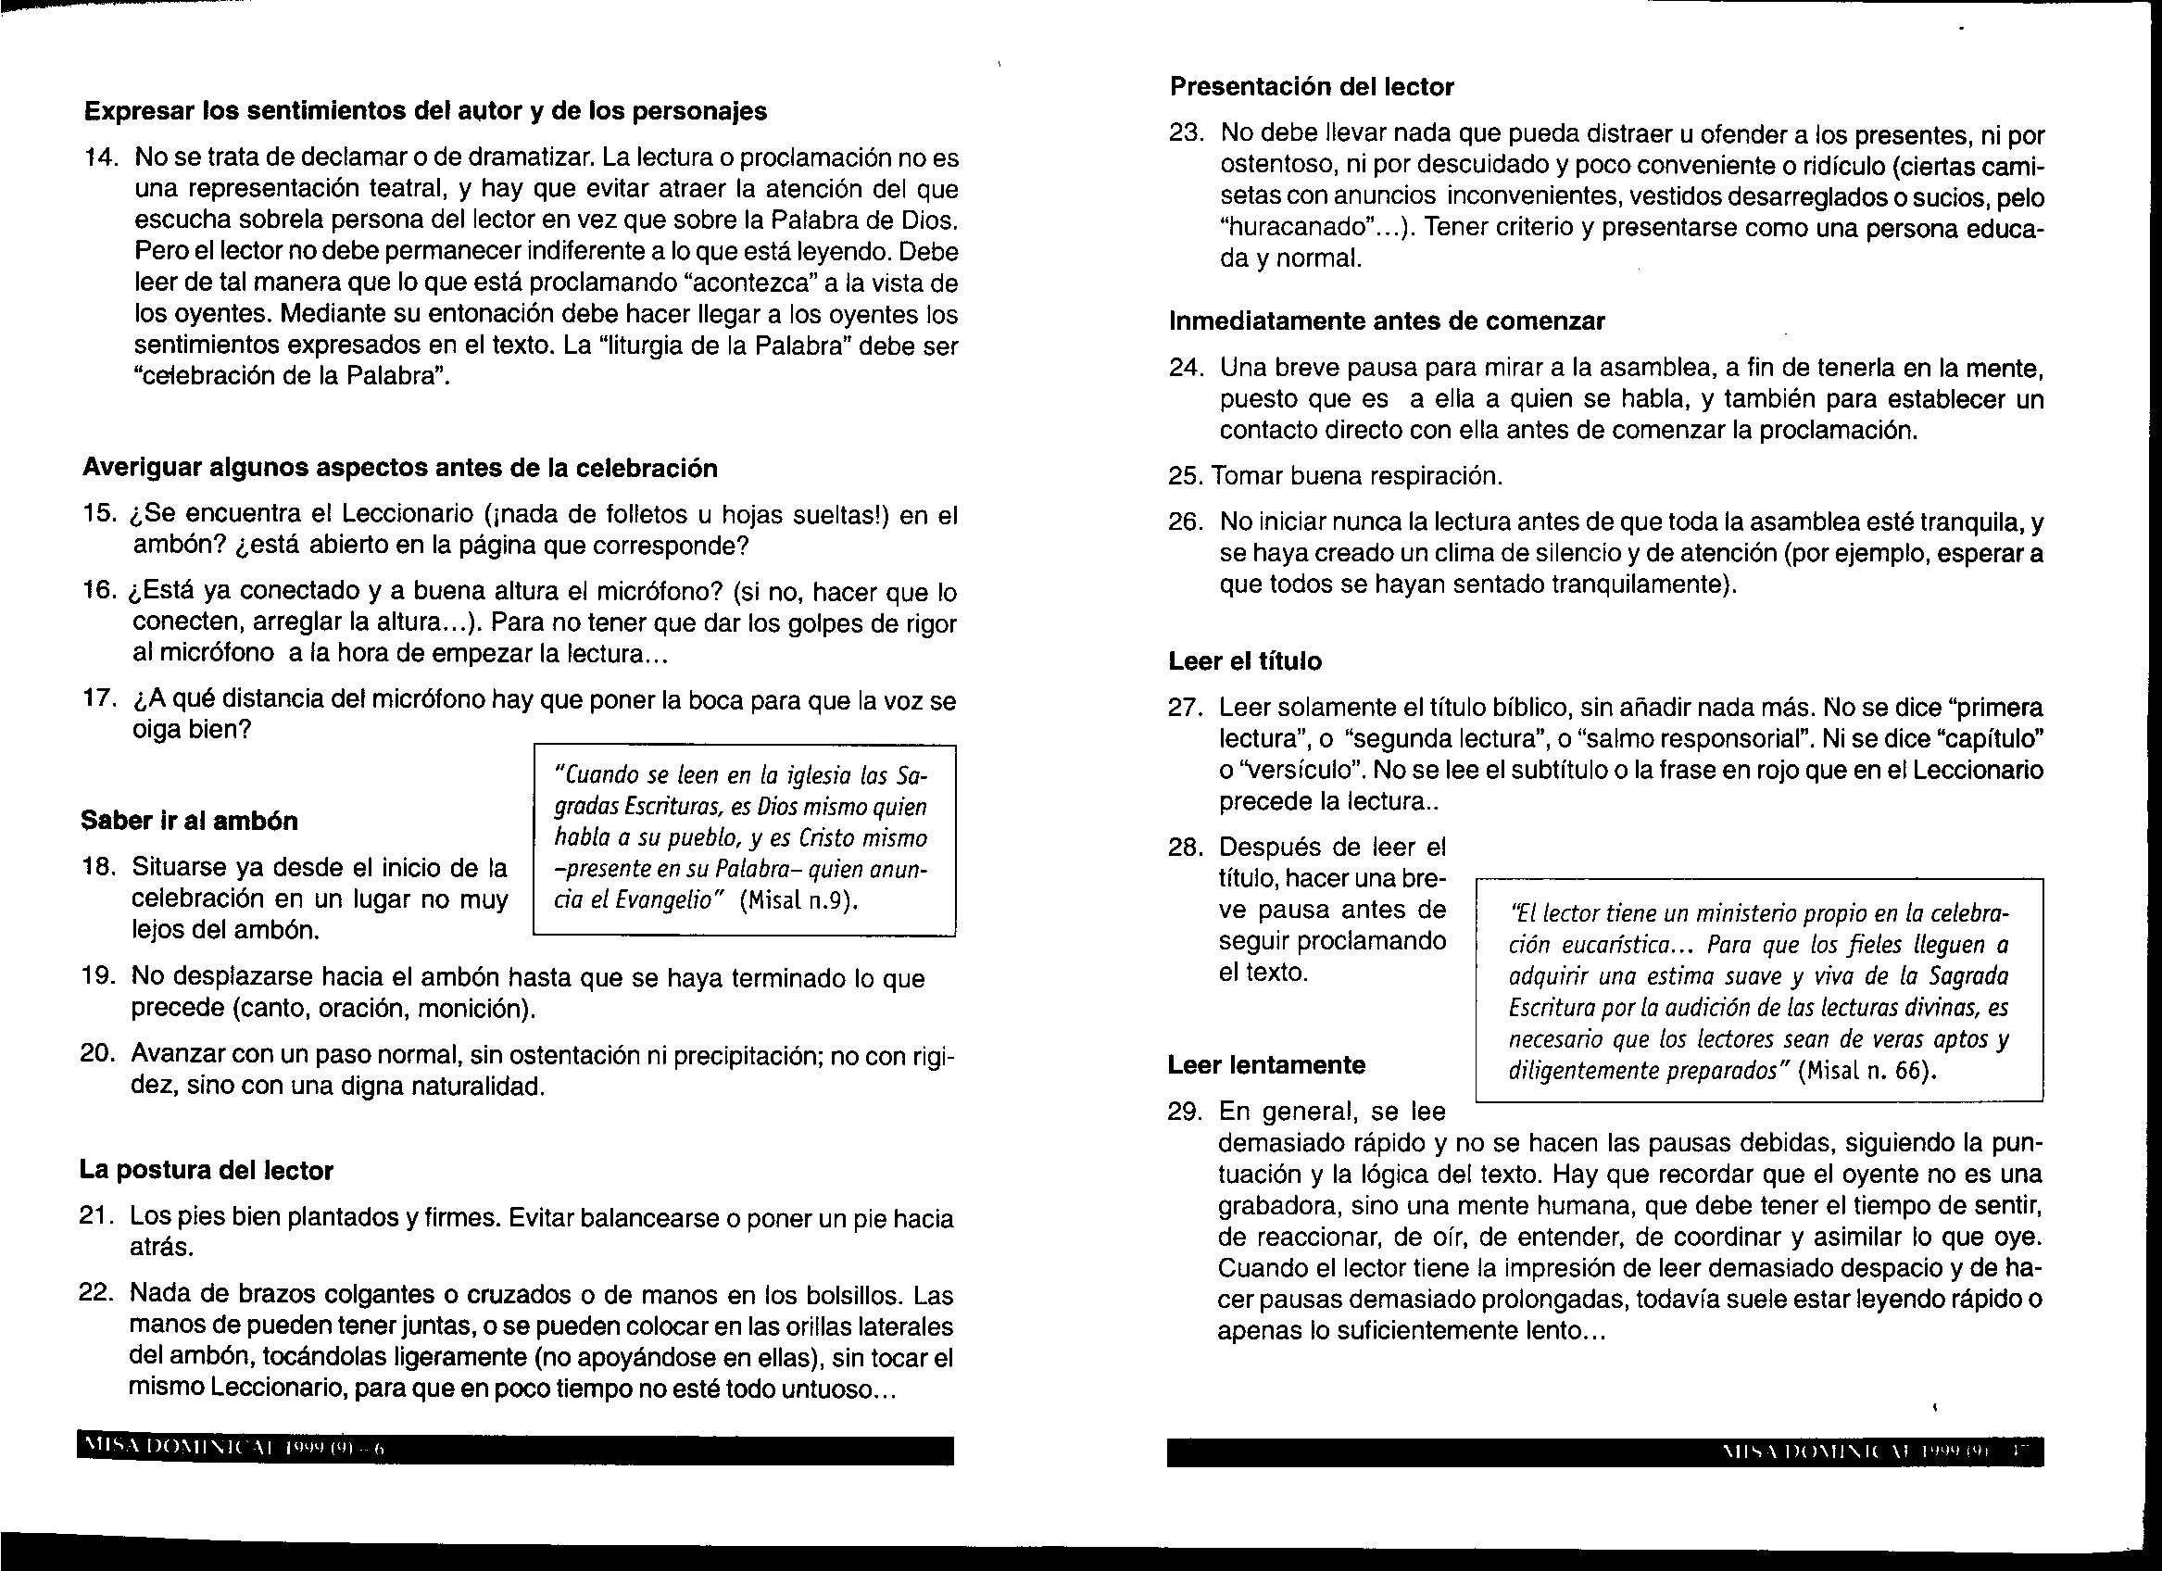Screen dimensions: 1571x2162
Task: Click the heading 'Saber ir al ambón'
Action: (x=189, y=821)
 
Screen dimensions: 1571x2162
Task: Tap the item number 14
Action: (x=101, y=158)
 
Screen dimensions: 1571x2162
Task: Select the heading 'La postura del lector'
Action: (x=206, y=1170)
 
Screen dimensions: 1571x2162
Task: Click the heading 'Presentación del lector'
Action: (x=1312, y=87)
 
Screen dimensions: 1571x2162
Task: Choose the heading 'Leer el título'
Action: (x=1245, y=660)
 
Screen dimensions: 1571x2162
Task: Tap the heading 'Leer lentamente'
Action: (x=1266, y=1065)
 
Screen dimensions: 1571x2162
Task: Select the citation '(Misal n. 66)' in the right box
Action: (x=1867, y=1071)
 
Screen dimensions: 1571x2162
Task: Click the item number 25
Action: (x=1186, y=476)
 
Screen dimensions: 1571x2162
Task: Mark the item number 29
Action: (x=1186, y=1112)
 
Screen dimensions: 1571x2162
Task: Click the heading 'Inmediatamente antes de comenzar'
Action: (x=1387, y=321)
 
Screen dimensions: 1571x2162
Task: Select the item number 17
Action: (x=99, y=699)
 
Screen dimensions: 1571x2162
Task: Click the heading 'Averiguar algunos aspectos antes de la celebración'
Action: (x=400, y=467)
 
